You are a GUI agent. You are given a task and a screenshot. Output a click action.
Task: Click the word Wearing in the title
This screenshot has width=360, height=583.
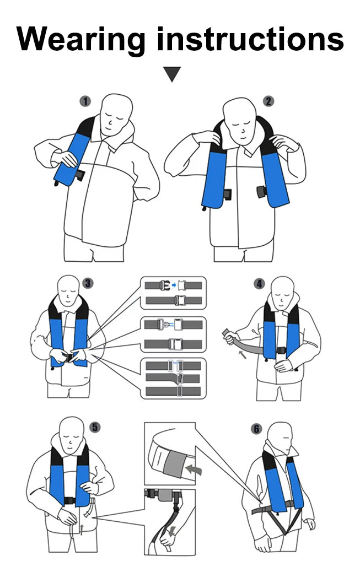80,40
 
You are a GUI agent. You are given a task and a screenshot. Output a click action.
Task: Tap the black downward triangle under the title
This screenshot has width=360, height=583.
172,74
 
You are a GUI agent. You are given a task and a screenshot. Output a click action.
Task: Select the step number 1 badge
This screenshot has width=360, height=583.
85,101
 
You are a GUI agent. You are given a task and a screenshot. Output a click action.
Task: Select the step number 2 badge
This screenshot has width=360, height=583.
268,101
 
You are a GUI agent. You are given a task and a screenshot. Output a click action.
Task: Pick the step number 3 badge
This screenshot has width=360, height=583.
88,283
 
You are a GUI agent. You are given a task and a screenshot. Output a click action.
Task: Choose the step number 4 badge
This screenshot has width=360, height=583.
259,284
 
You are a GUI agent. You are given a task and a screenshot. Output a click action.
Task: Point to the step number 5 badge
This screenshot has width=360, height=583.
95,427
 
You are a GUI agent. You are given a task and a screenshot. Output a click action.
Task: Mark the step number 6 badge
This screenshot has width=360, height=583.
256,429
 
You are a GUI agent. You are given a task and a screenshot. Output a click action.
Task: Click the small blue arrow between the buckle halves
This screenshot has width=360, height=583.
174,285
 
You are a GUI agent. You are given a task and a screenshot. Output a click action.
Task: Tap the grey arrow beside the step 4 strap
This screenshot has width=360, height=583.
242,355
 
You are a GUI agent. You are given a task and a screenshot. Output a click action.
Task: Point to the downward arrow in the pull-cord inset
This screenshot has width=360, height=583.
171,531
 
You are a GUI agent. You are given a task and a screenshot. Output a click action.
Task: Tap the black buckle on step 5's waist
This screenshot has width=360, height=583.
69,500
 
